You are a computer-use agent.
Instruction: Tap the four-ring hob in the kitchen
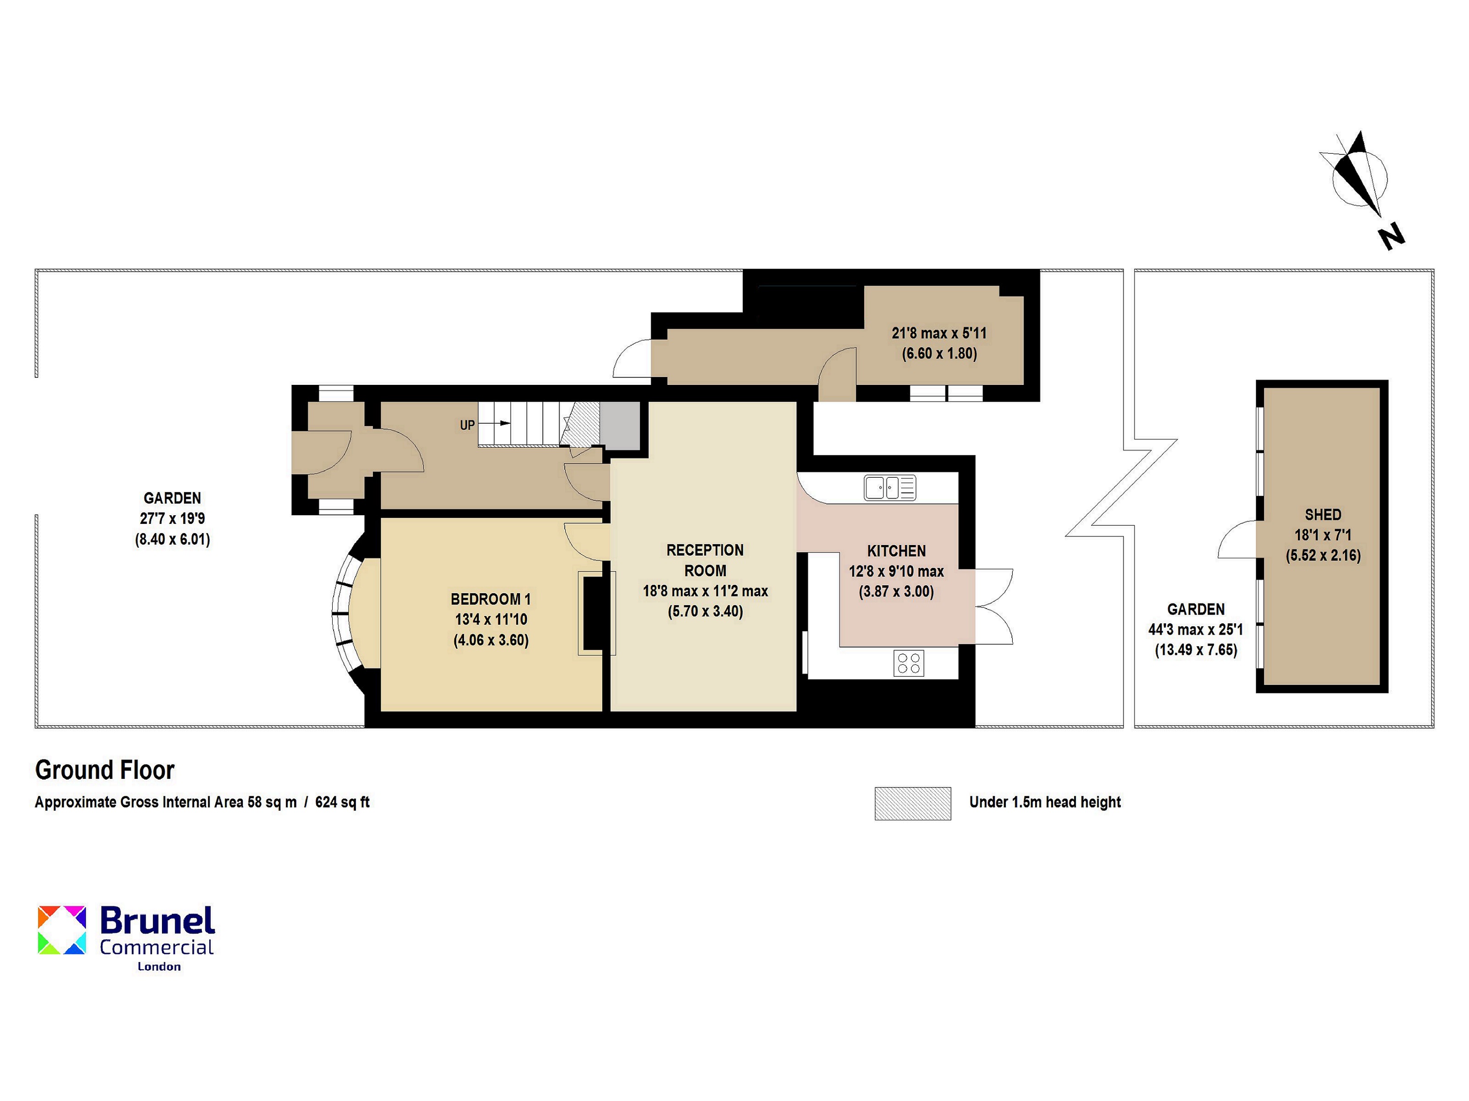pos(908,663)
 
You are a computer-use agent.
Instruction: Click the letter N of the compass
pos(1391,237)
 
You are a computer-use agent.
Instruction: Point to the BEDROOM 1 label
pos(491,599)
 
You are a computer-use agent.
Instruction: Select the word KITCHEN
pos(896,550)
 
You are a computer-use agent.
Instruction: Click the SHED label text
pos(1323,515)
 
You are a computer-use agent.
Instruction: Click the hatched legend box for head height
pos(913,804)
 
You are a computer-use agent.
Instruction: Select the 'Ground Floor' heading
pos(105,770)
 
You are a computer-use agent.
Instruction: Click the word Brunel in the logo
pos(157,921)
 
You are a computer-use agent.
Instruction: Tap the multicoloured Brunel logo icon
pos(62,930)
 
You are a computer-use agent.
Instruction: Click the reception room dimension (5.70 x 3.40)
pos(705,611)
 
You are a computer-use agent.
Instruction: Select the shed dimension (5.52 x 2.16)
pos(1323,555)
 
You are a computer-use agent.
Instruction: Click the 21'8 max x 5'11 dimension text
pos(939,333)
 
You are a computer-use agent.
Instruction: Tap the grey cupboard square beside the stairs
pos(620,426)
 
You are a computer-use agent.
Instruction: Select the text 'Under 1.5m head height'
pos(1045,802)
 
